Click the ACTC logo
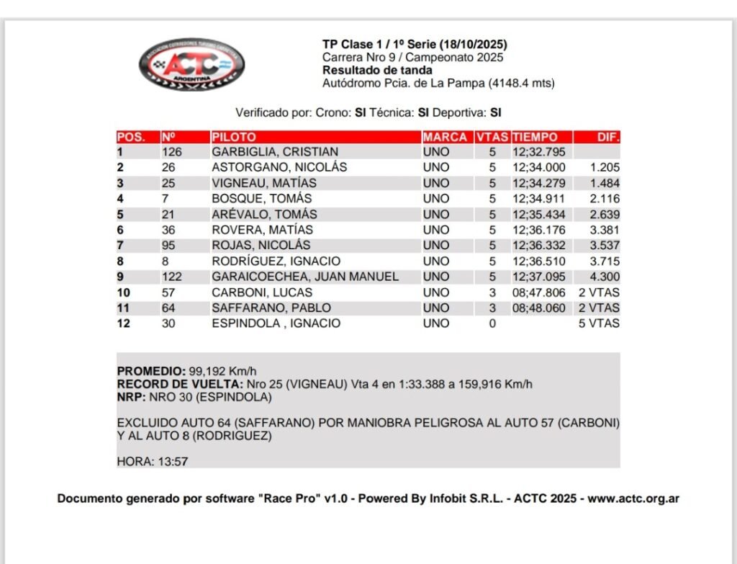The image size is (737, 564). (x=191, y=65)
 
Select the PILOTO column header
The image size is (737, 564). (x=234, y=137)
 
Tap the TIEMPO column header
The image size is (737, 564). (x=535, y=137)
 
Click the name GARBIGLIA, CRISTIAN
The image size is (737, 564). (x=275, y=152)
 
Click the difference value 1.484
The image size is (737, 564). (x=605, y=183)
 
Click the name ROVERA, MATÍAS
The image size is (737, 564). (x=262, y=230)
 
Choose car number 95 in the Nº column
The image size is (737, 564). (x=168, y=246)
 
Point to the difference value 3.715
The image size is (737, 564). (x=605, y=261)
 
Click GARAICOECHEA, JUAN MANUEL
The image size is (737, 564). (x=305, y=277)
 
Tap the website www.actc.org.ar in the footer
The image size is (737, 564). (x=633, y=498)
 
